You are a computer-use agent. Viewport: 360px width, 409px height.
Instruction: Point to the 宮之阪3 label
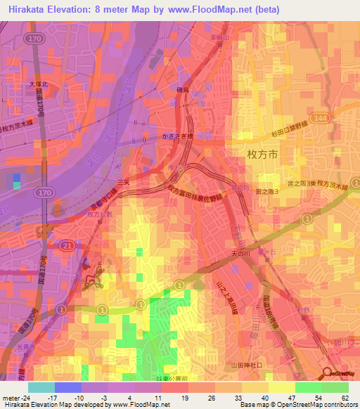pyautogui.click(x=267, y=192)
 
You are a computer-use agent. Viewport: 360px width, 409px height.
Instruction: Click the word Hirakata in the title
pyautogui.click(x=33, y=9)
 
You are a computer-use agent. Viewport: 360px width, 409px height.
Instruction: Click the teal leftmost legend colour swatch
pyautogui.click(x=41, y=387)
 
